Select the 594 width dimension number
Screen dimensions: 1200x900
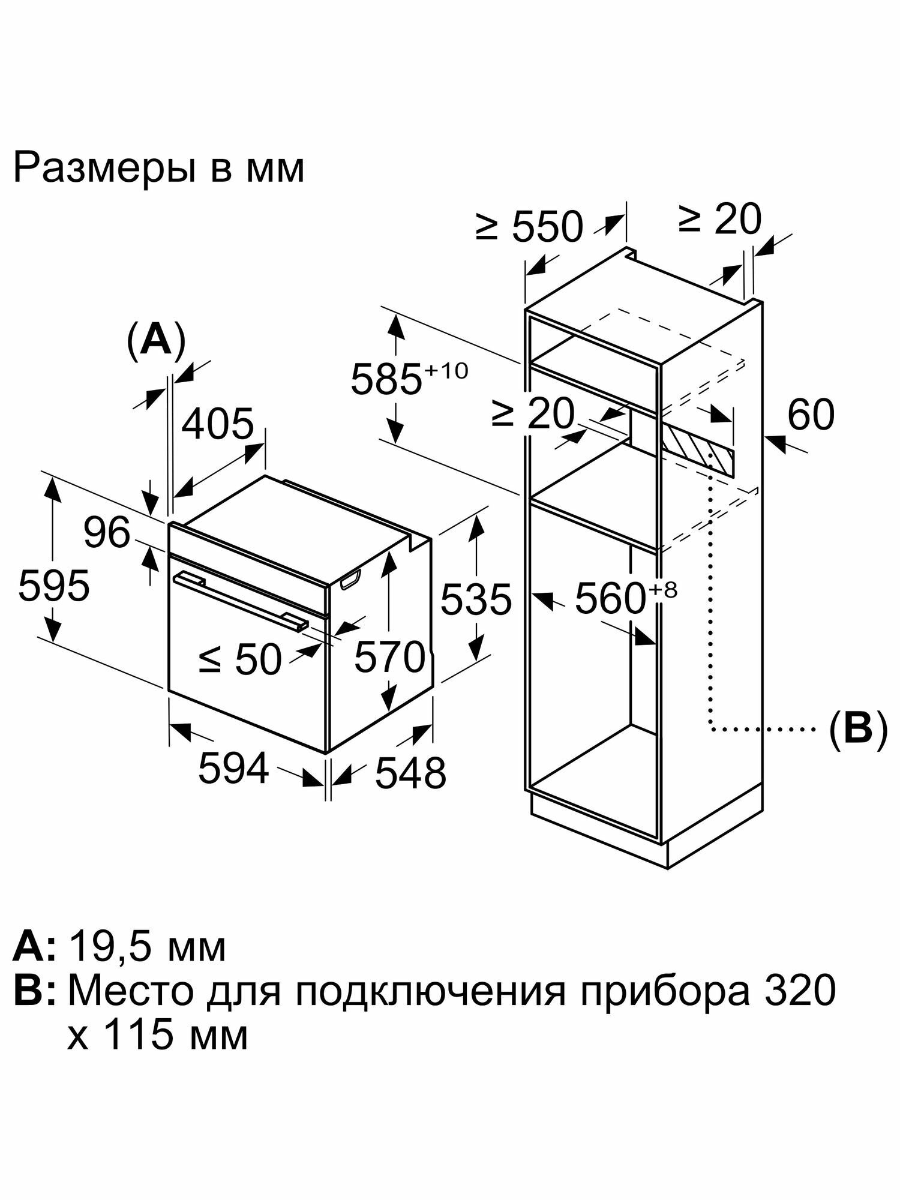(233, 769)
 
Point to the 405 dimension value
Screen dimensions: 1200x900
(218, 424)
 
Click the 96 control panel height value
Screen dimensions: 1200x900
(107, 533)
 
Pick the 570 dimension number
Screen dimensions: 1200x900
(389, 657)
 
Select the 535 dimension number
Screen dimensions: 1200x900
(476, 599)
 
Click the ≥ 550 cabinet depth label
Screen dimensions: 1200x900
(529, 226)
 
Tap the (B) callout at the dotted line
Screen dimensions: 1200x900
(857, 730)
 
